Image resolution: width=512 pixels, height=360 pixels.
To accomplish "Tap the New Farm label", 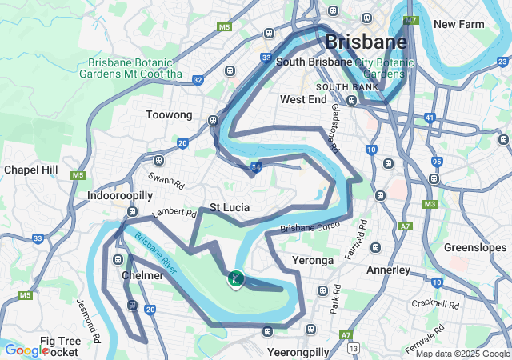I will pyautogui.click(x=459, y=25).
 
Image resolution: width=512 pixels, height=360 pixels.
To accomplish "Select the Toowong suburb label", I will pyautogui.click(x=169, y=115).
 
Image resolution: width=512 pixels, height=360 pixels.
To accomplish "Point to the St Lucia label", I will pyautogui.click(x=230, y=208).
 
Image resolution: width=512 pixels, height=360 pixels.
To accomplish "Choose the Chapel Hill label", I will pyautogui.click(x=31, y=170).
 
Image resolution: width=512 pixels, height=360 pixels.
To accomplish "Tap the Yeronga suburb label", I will pyautogui.click(x=312, y=261).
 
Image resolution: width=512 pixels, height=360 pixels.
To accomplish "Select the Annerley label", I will pyautogui.click(x=388, y=270).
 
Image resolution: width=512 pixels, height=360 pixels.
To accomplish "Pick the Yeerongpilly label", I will pyautogui.click(x=298, y=352).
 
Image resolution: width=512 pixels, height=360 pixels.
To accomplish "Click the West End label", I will pyautogui.click(x=303, y=100).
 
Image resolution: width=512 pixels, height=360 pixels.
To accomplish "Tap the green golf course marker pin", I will pyautogui.click(x=235, y=278).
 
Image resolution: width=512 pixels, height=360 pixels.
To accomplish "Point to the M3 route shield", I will pyautogui.click(x=430, y=205).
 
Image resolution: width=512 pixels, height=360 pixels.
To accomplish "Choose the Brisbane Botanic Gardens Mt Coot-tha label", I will pyautogui.click(x=135, y=68).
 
